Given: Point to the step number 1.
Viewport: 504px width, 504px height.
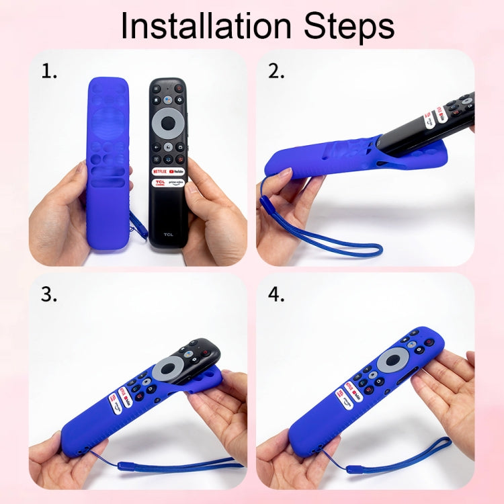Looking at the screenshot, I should [49, 71].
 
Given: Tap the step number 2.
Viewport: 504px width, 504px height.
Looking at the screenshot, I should [276, 71].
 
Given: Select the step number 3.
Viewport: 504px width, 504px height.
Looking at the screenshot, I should [49, 294].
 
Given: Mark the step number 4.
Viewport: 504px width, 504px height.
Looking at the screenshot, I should [277, 294].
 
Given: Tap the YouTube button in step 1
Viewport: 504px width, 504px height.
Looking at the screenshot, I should [176, 171].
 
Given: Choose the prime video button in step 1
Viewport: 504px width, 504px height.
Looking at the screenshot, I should [176, 182].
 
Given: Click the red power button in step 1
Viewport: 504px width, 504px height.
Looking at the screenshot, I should [179, 88].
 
